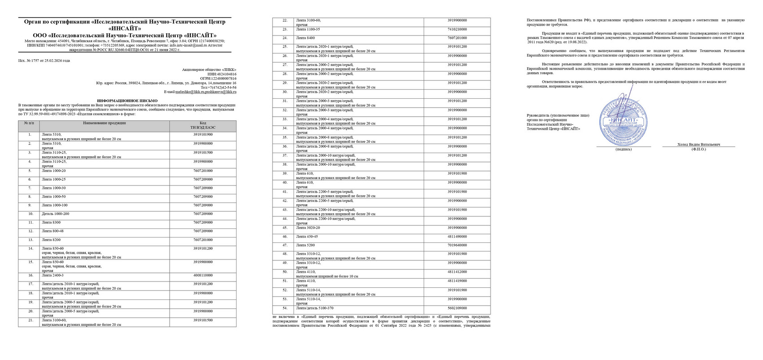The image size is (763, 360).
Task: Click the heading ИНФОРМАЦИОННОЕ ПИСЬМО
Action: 127,101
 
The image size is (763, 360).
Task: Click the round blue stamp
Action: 624,120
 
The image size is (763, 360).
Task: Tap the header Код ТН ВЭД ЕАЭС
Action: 203,126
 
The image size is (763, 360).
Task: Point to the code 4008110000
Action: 203,275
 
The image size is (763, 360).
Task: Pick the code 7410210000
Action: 457,29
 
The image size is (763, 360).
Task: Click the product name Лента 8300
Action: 50,223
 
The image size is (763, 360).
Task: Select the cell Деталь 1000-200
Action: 55,214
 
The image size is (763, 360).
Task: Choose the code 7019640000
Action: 457,245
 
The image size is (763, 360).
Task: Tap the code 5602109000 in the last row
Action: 457,308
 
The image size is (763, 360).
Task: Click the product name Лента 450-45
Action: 307,237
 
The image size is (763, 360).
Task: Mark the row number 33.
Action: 285,119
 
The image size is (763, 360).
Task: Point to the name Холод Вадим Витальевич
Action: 698,145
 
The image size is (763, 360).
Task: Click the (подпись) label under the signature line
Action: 623,149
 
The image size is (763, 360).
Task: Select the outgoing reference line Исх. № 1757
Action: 44,61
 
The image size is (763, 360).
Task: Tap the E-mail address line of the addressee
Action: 200,92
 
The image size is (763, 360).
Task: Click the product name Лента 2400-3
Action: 53,275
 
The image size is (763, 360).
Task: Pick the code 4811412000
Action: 457,272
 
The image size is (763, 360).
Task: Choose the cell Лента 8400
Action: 305,38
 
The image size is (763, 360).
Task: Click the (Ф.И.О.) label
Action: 698,149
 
